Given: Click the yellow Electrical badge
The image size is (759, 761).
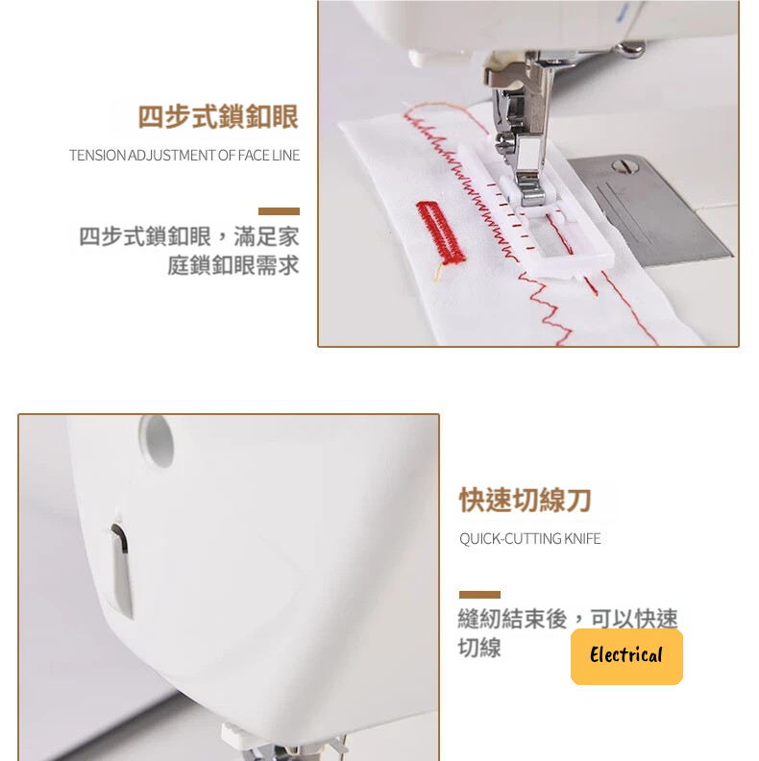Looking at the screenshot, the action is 626,656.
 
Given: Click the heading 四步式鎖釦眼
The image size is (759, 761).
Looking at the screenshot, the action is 218,117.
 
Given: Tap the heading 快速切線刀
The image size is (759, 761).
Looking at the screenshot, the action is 526,501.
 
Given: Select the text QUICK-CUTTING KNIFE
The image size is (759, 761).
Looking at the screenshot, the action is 530,539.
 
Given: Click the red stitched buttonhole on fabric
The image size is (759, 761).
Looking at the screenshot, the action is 441,233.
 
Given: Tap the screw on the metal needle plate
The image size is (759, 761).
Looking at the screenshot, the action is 625,166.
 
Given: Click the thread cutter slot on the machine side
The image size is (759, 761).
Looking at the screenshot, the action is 121,569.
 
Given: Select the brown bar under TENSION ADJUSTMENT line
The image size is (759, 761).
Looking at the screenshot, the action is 279,211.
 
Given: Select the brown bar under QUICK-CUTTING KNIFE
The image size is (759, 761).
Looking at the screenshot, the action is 479,595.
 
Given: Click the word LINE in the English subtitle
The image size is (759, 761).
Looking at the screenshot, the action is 286,156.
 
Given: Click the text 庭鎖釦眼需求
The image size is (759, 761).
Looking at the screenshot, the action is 233,265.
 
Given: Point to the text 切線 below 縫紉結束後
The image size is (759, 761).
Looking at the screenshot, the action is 479,648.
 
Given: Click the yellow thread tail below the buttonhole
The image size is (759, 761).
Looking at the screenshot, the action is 437,272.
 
